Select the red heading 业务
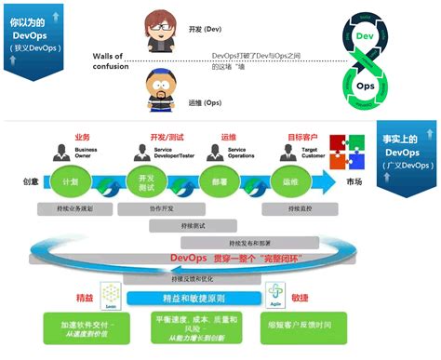click(x=82, y=136)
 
